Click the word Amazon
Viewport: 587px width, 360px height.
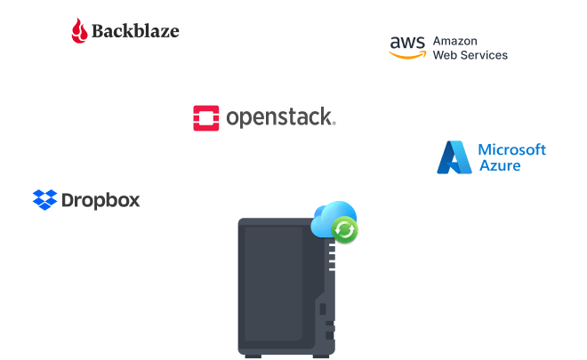[455, 41]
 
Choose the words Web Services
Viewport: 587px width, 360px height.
[470, 55]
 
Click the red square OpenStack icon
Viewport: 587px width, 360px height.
[206, 117]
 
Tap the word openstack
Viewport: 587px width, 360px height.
[279, 116]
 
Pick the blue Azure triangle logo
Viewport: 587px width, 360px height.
[453, 157]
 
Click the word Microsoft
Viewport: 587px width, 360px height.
[511, 149]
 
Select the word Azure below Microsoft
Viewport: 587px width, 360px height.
[499, 165]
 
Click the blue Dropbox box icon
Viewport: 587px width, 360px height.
[44, 199]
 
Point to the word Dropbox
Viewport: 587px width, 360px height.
[101, 199]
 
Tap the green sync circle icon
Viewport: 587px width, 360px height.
[345, 231]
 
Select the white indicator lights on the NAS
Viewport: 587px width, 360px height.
[331, 258]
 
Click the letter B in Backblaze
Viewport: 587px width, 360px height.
[101, 31]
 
